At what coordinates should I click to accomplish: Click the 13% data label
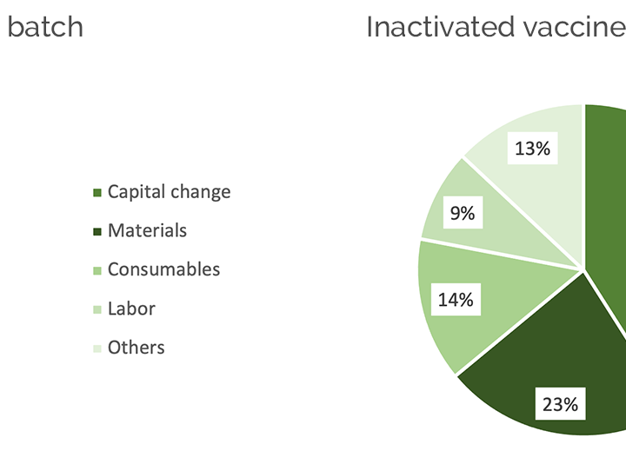(533, 148)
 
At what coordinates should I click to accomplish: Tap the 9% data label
(463, 213)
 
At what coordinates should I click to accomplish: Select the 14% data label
(456, 299)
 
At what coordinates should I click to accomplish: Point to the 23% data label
(561, 404)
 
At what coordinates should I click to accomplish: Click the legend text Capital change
(170, 192)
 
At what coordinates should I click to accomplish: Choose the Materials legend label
(147, 230)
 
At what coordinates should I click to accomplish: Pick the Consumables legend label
(163, 269)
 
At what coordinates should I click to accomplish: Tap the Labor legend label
(132, 308)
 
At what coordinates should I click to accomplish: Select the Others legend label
(137, 348)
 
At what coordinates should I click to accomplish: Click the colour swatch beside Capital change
(97, 193)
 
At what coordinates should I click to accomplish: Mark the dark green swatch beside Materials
(97, 232)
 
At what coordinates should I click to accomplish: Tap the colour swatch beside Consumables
(97, 270)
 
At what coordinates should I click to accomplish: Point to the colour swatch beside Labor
(97, 309)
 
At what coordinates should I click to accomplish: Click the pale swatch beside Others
(97, 348)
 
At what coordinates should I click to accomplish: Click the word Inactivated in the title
(440, 27)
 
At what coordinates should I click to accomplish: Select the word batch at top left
(45, 27)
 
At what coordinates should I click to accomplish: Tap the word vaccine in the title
(574, 27)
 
